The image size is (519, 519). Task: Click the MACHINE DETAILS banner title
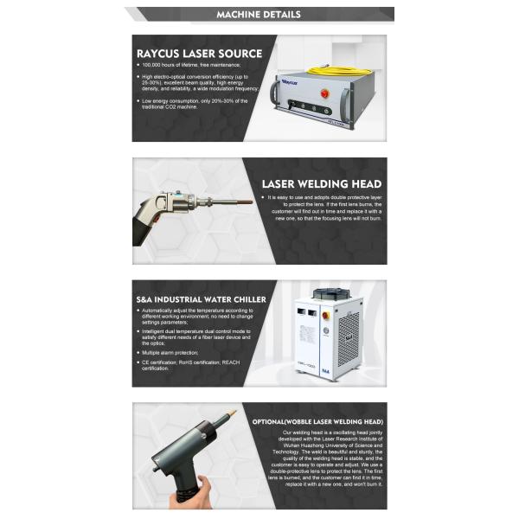259,15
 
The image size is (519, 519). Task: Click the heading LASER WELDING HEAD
321,184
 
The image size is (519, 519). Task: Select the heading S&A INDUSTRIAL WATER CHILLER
201,297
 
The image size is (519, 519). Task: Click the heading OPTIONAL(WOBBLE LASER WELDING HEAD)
317,421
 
